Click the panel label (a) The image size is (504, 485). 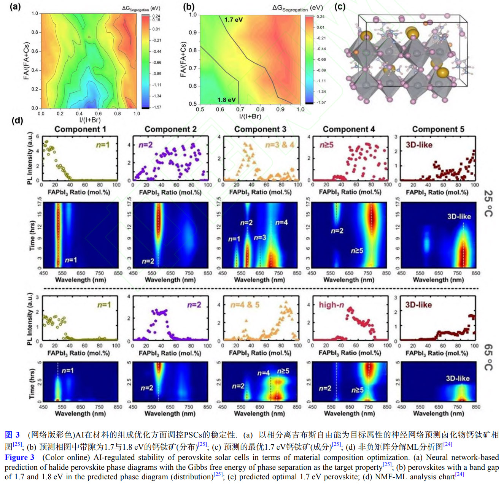click(x=15, y=6)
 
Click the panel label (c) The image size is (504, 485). click(x=340, y=6)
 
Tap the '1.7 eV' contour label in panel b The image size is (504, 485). click(x=233, y=20)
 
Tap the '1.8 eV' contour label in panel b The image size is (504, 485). click(x=226, y=100)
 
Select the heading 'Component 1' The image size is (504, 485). click(x=80, y=129)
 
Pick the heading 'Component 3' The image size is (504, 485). click(x=260, y=129)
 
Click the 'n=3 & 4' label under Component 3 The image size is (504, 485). click(x=280, y=145)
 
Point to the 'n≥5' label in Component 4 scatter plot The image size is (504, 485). click(x=326, y=145)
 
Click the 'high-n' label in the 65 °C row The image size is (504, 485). click(x=331, y=305)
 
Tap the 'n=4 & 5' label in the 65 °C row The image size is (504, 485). click(x=245, y=305)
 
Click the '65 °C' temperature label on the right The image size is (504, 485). click(x=488, y=357)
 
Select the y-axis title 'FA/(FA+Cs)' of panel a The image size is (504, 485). click(x=26, y=61)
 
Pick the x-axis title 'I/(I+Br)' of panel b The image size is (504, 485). click(x=250, y=116)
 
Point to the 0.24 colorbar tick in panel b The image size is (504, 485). click(x=320, y=17)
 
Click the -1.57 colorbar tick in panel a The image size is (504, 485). click(x=157, y=107)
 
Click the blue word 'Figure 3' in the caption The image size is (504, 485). click(x=19, y=457)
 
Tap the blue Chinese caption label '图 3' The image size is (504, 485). click(x=12, y=435)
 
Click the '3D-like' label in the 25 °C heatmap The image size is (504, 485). click(x=459, y=217)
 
